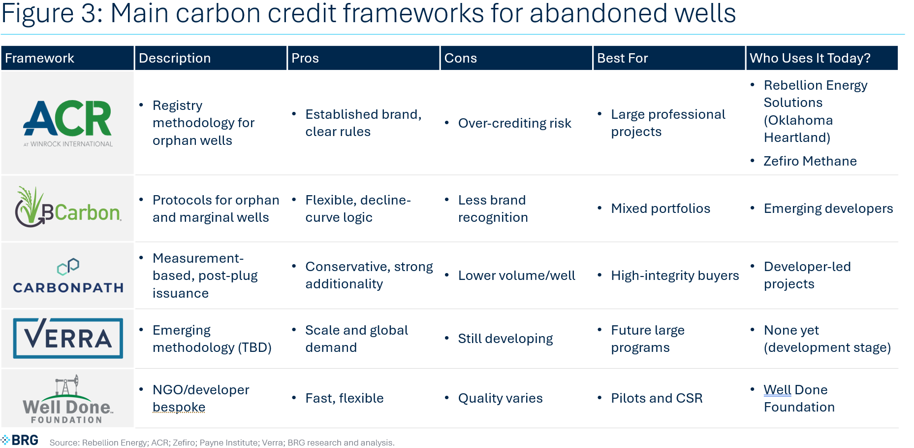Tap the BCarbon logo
pos(68,207)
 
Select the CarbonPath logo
pos(68,276)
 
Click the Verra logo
pos(68,338)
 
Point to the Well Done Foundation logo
pos(67,399)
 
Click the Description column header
pos(175,58)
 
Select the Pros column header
pos(305,58)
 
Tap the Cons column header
pos(461,58)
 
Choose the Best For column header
pos(623,58)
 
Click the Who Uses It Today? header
pos(810,58)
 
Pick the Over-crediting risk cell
pos(515,123)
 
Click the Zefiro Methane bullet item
pos(810,161)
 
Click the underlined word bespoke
pos(179,407)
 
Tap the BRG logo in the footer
pos(20,440)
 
